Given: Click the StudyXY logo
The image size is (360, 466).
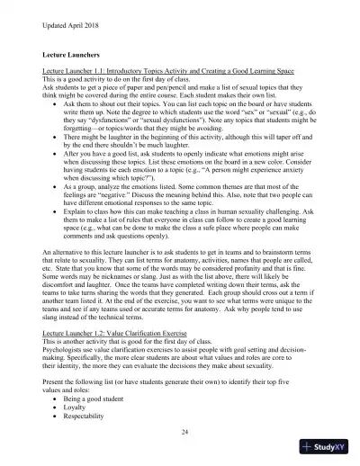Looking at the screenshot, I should [x=328, y=447].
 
